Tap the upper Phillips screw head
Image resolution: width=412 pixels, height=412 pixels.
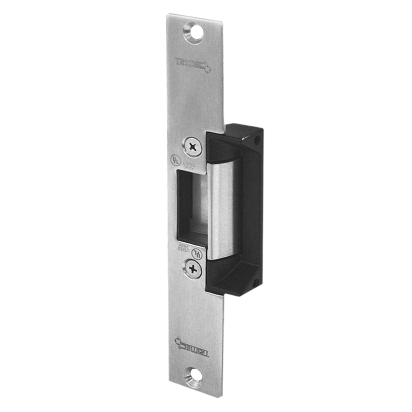click(192, 146)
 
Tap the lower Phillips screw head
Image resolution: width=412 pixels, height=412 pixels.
click(192, 268)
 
